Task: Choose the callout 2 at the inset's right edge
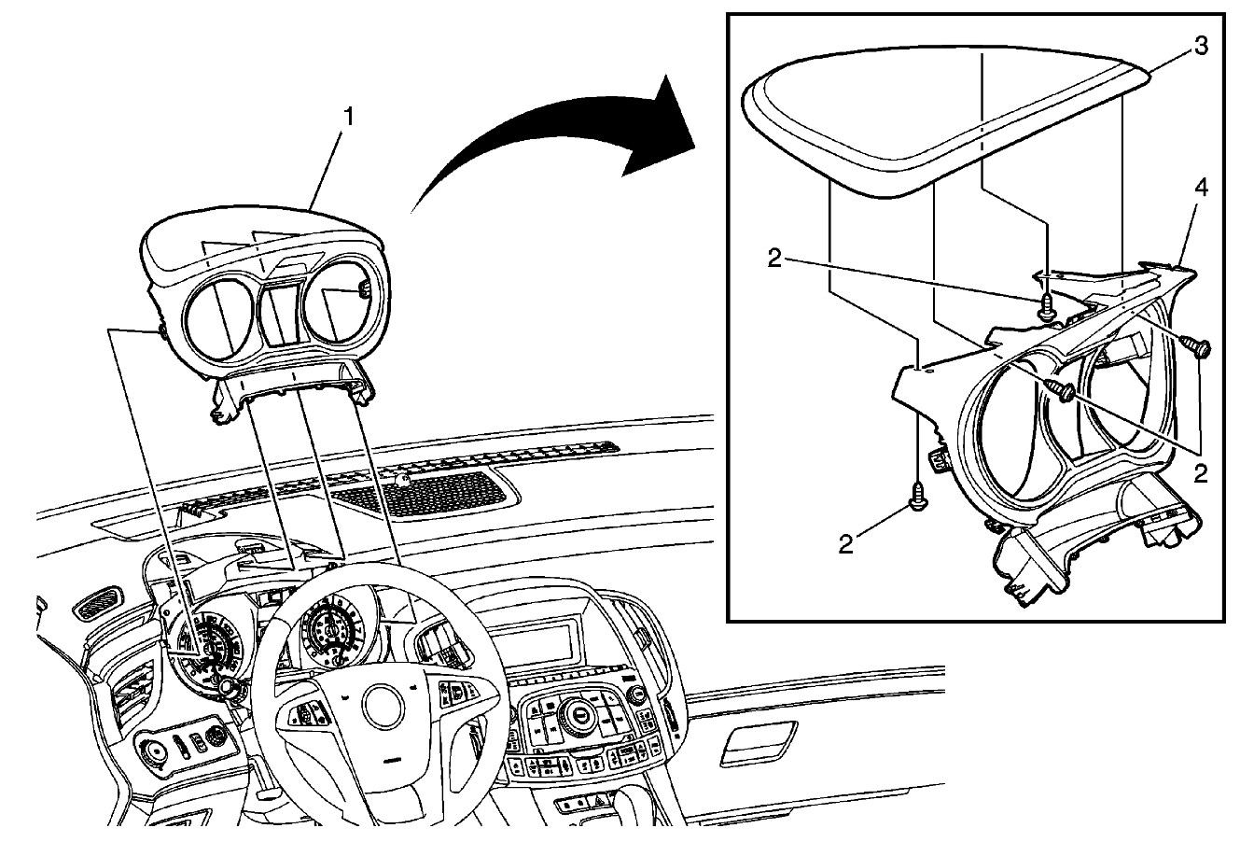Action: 1200,473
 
